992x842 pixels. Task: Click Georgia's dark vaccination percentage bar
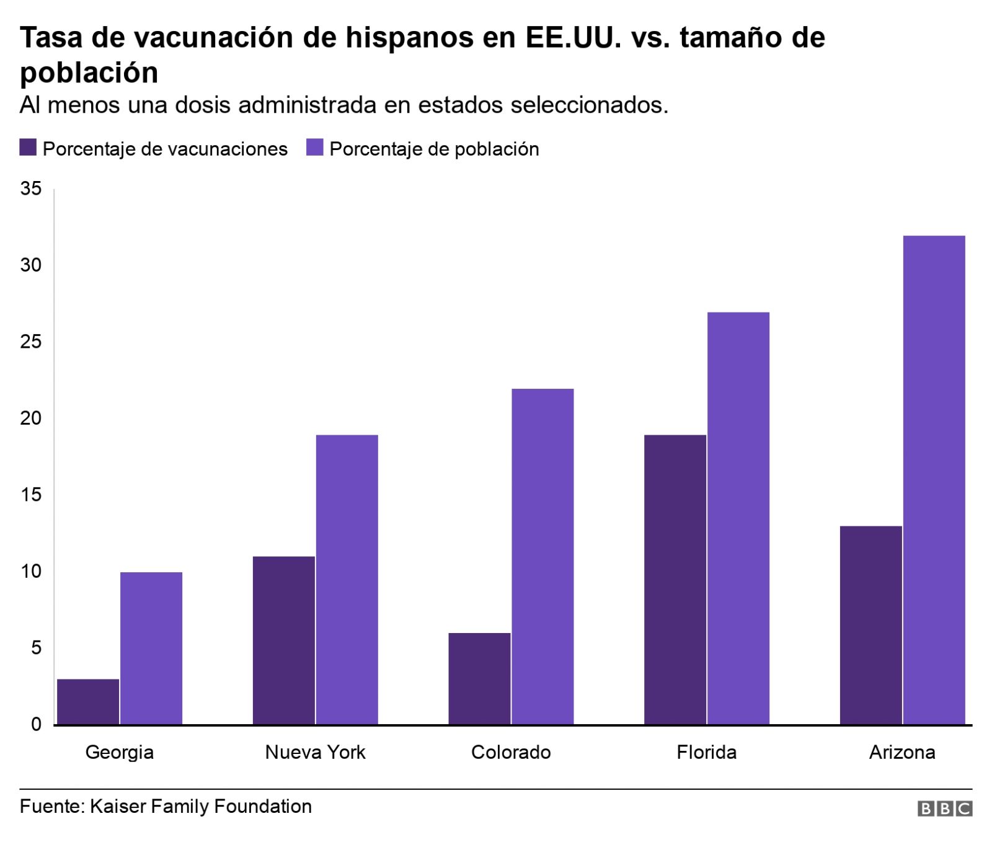(88, 701)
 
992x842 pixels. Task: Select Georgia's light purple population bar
(151, 648)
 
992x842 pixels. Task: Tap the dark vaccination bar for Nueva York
(284, 640)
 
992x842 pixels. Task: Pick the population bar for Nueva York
(347, 580)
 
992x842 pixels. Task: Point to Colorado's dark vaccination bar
(479, 678)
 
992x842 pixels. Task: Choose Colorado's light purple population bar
(542, 556)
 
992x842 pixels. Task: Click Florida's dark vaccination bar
(675, 580)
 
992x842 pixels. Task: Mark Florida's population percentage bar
(738, 518)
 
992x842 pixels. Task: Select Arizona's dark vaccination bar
(870, 625)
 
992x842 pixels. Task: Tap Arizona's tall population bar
(934, 480)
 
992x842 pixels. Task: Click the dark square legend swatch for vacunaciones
(29, 149)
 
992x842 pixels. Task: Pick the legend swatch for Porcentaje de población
(315, 149)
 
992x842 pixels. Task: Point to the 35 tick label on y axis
(31, 189)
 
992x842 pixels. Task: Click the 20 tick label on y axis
(31, 419)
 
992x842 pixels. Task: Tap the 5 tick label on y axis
(35, 648)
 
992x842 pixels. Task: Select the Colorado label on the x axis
(511, 752)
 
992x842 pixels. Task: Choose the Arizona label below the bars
(902, 752)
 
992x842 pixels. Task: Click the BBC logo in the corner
(945, 809)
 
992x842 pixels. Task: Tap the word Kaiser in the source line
(118, 806)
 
